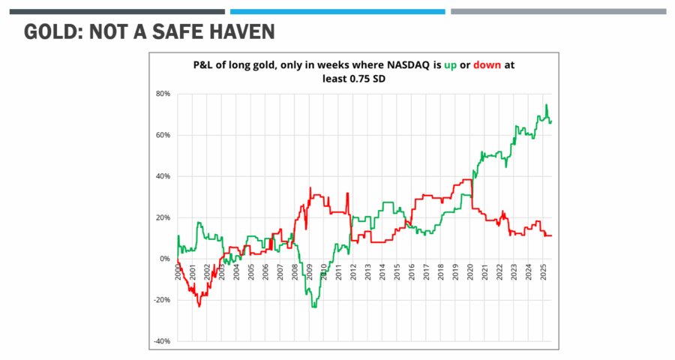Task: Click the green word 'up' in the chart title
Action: [x=449, y=65]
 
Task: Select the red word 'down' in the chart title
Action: [x=487, y=65]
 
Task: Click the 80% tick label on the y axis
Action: [x=163, y=94]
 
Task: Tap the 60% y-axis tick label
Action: [x=163, y=135]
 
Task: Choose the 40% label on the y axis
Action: [x=163, y=176]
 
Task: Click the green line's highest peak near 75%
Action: [x=547, y=105]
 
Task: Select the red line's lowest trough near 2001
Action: [x=199, y=306]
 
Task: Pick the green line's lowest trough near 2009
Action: [x=314, y=307]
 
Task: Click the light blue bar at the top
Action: [x=337, y=12]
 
